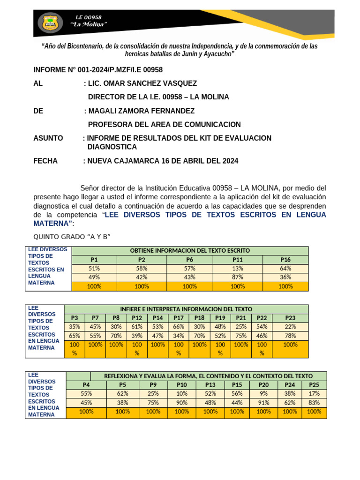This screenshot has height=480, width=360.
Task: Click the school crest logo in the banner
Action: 51,22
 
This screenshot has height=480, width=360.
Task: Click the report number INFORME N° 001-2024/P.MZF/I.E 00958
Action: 98,70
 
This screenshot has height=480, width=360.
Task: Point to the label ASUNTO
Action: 48,138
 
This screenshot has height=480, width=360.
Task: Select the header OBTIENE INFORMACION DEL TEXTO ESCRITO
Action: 190,251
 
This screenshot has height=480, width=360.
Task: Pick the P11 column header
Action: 238,260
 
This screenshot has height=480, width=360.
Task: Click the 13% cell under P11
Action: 238,269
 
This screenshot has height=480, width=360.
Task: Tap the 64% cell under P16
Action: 285,269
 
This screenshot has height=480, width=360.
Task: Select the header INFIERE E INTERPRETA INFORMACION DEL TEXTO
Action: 186,309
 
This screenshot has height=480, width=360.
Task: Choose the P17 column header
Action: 179,318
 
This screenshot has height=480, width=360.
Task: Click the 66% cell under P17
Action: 179,327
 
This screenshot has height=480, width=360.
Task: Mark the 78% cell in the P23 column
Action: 290,336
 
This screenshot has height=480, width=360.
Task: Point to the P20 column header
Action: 263,385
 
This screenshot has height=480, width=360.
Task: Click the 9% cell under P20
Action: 263,394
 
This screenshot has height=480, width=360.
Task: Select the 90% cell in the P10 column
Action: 182,403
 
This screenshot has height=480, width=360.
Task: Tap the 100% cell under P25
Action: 314,412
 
